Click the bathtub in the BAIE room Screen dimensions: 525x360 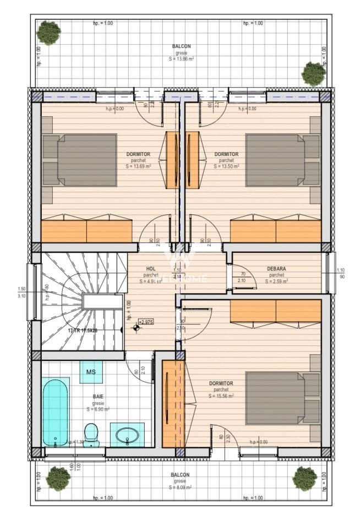pos(55,412)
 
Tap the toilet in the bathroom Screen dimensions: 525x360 pos(91,434)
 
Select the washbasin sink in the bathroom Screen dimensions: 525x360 pos(127,435)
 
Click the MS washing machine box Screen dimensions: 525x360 pos(91,372)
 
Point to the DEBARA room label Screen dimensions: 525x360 pos(276,269)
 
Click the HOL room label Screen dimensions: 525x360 pos(151,269)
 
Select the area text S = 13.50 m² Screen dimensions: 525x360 pos(226,166)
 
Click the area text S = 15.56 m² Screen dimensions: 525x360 pos(221,396)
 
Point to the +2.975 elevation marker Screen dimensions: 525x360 pos(146,322)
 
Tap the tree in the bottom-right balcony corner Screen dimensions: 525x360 pos(305,478)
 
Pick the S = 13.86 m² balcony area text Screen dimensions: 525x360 pos(182,58)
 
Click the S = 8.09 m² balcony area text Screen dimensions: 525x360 pos(180,488)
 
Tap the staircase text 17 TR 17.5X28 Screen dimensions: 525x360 pos(83,331)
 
